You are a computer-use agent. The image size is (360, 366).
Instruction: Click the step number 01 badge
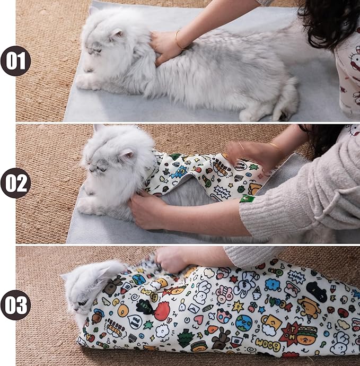(x=15, y=60)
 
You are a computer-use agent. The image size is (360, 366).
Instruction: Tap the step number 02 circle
(x=15, y=183)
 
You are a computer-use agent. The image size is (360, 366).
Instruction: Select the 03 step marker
(x=15, y=306)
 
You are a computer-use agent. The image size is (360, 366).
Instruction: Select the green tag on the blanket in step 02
(x=247, y=198)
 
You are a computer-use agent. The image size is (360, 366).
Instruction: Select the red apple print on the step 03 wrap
(x=162, y=310)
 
